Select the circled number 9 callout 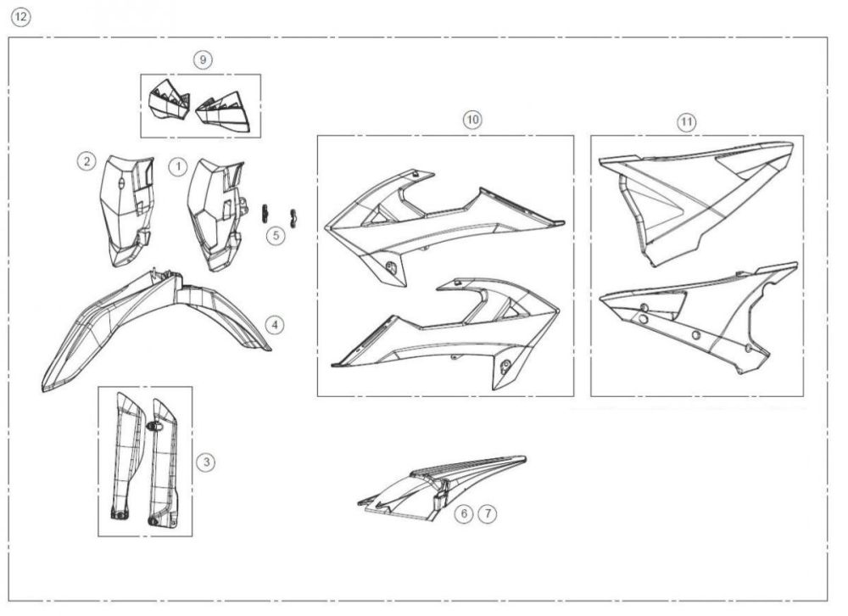pyautogui.click(x=202, y=59)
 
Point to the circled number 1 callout pyautogui.click(x=176, y=166)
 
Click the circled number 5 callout pyautogui.click(x=276, y=236)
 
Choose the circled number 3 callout pyautogui.click(x=206, y=462)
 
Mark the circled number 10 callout pyautogui.click(x=472, y=120)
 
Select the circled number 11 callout pyautogui.click(x=686, y=122)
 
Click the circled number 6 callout pyautogui.click(x=463, y=513)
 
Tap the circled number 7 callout pyautogui.click(x=486, y=513)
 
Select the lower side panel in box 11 pyautogui.click(x=695, y=318)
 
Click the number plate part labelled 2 pyautogui.click(x=124, y=208)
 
